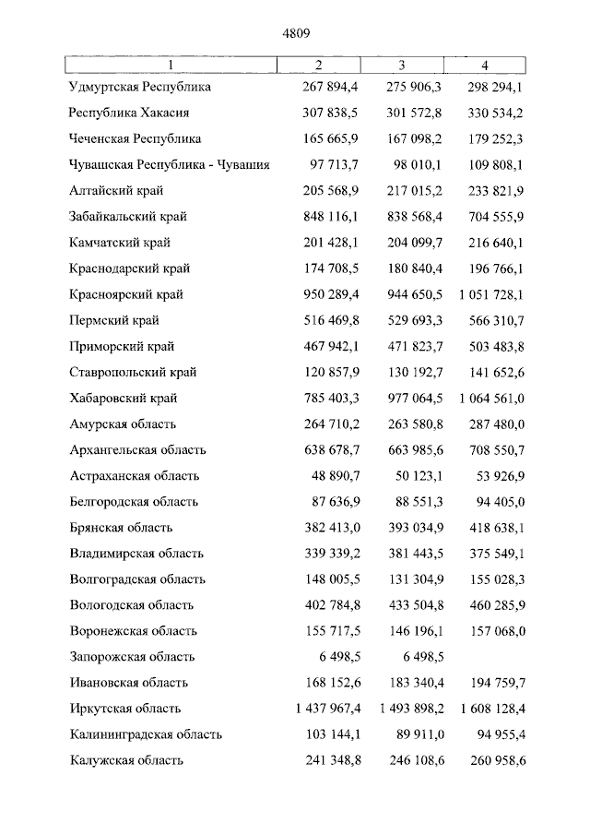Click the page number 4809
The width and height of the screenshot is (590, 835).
point(296,33)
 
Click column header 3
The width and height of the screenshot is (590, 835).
point(402,65)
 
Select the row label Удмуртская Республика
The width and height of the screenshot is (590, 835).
point(140,88)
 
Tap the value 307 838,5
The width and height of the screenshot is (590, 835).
point(331,113)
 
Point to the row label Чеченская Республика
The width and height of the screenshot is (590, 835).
point(136,139)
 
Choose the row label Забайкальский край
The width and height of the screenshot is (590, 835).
point(128,217)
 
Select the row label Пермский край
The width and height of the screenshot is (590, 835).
point(114,320)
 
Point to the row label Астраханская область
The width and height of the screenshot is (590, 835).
point(134,476)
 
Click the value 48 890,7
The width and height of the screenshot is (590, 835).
point(338,476)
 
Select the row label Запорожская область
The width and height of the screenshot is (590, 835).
point(132,657)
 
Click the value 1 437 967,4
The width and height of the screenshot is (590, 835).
point(323,709)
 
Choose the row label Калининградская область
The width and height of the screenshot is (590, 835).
point(146,734)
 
